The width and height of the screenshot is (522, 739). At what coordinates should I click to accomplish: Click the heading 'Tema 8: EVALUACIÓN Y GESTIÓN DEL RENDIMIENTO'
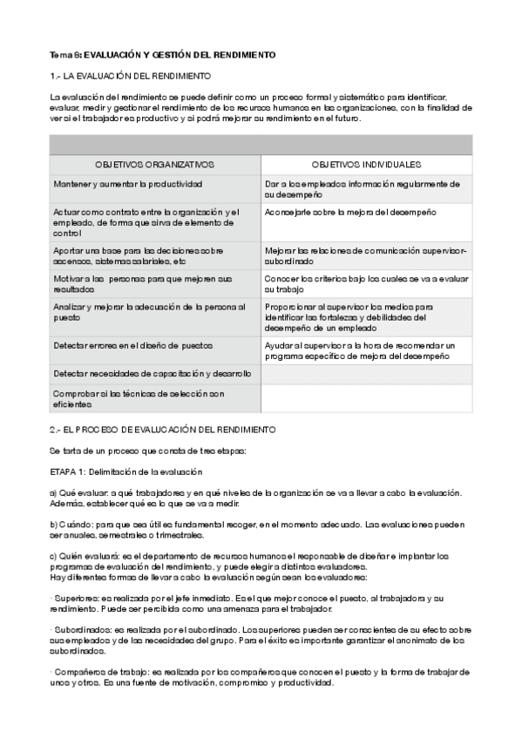click(162, 55)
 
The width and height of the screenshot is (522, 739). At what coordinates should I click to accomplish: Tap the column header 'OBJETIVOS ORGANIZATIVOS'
click(155, 164)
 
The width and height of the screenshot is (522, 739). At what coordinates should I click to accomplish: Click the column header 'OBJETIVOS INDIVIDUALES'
click(366, 164)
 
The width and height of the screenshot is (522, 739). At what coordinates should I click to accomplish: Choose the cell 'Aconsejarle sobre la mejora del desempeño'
click(350, 212)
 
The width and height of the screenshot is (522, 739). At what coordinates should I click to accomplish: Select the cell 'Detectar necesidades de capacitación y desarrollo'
click(152, 373)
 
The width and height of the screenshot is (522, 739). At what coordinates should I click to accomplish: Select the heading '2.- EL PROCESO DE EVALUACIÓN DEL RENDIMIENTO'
click(163, 430)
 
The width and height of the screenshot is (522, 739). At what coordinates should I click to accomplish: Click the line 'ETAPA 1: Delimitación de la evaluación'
click(126, 471)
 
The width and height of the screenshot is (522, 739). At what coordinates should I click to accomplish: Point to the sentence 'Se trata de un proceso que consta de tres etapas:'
click(148, 451)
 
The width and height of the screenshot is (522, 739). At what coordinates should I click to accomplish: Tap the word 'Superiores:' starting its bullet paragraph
click(77, 599)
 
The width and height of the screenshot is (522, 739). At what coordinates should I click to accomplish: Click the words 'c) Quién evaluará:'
click(86, 556)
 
